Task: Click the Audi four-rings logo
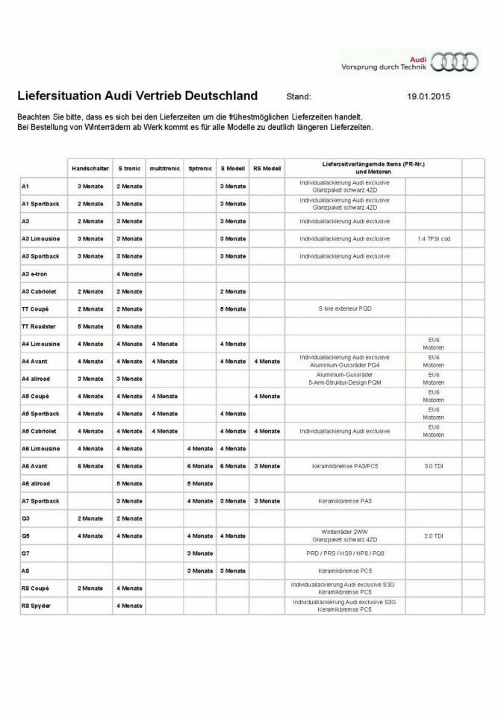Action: click(x=456, y=63)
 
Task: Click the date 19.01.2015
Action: click(x=429, y=96)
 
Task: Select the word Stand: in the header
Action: click(x=299, y=96)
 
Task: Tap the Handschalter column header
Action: click(x=90, y=169)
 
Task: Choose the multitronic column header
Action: click(x=165, y=169)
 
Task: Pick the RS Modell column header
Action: click(x=267, y=169)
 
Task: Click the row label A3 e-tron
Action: click(x=35, y=274)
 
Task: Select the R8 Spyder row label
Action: click(x=35, y=606)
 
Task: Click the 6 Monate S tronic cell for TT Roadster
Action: click(x=129, y=326)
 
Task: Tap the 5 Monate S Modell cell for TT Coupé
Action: click(x=232, y=309)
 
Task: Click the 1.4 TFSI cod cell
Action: click(x=434, y=239)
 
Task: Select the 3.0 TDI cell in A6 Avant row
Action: click(x=434, y=466)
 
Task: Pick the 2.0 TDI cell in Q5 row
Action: click(x=434, y=536)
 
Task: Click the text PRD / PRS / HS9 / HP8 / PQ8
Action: click(x=344, y=553)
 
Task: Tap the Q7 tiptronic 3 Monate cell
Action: click(x=199, y=553)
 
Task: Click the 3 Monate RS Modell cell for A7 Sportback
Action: click(x=267, y=501)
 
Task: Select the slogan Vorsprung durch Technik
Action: click(x=383, y=66)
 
